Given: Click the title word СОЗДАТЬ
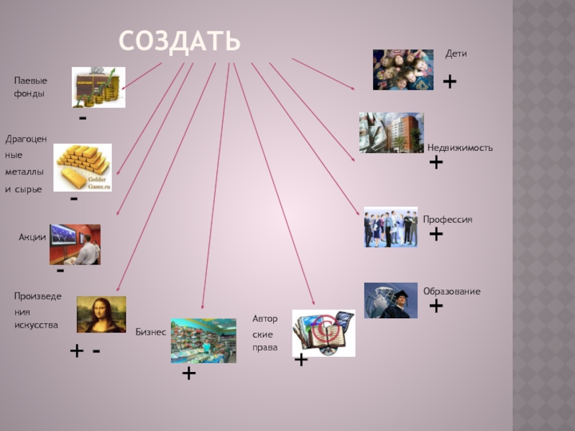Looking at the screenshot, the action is pos(180,41).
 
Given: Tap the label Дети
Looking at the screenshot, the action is pos(456,54).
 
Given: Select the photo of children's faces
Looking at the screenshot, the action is pos(402,70).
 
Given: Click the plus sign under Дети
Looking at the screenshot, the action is pos(450,83).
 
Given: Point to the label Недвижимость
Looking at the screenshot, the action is pos(460,147).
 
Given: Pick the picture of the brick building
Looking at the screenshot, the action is pos(391,132).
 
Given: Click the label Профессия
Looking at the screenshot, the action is pos(448,219).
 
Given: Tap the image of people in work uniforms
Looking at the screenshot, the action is pos(390,227).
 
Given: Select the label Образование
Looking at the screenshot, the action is pos(451,292).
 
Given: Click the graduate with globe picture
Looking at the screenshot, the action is pos(390,300).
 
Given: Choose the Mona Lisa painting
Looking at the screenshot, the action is pos(101,314).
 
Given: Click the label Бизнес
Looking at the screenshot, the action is pos(151,332).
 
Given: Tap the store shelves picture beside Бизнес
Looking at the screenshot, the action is pos(203,340).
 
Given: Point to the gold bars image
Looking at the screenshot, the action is pos(83,167).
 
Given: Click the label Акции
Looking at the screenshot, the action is pos(32,237).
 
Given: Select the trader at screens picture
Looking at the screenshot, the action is pos(75,244).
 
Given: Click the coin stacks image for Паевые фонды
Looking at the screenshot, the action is pos(98,87).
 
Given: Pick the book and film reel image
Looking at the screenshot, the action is pos(323,333).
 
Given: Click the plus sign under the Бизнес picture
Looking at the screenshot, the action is pos(189,374).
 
